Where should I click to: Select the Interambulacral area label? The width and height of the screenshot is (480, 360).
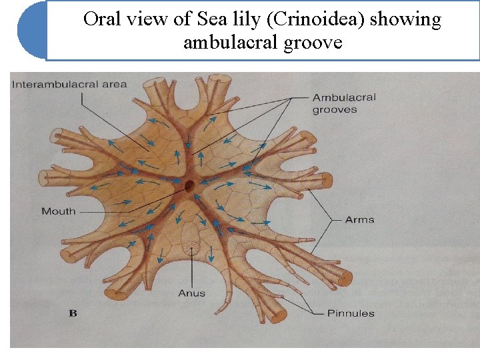69,85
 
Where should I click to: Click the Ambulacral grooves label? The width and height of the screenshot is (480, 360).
344,103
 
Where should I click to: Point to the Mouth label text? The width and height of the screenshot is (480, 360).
59,211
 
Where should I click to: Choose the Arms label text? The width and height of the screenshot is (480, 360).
359,219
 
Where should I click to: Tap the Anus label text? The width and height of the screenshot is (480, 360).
192,293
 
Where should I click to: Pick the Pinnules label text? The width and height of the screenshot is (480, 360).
351,313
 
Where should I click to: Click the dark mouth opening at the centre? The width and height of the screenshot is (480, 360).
189,185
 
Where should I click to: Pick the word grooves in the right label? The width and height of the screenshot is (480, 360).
335,110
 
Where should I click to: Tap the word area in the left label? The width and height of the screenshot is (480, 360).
115,85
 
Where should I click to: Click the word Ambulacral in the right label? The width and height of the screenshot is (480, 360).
344,97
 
